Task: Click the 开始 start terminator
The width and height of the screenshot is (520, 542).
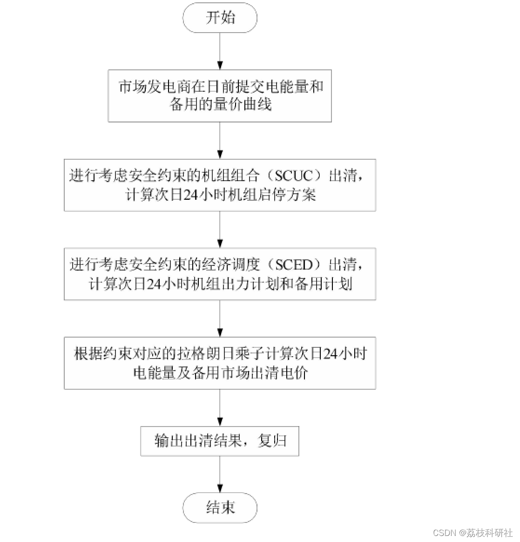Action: click(x=220, y=18)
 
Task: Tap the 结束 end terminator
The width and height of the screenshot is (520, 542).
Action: click(x=220, y=508)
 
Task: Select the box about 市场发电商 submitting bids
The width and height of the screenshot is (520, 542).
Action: click(x=220, y=96)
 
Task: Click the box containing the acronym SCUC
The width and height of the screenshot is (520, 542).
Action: click(x=220, y=185)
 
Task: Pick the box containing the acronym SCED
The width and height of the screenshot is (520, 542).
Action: click(x=220, y=274)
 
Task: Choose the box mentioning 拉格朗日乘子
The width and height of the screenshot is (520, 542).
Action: click(x=220, y=363)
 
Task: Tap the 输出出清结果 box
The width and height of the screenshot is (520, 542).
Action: click(x=220, y=441)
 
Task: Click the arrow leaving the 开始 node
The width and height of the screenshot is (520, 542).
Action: click(x=220, y=51)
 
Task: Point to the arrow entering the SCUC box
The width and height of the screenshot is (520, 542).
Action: click(x=220, y=140)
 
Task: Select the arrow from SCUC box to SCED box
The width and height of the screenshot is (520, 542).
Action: click(x=220, y=230)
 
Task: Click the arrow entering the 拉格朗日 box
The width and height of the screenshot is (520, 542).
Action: click(x=220, y=318)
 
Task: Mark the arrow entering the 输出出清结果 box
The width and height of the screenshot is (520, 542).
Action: click(x=220, y=407)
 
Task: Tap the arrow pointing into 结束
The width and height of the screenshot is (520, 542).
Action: click(x=220, y=474)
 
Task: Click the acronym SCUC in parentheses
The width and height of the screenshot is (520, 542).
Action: click(x=293, y=176)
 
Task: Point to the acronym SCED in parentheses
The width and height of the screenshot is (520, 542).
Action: click(x=294, y=265)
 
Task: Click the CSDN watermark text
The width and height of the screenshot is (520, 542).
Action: click(x=473, y=533)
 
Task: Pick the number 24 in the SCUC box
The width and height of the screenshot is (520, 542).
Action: click(x=191, y=195)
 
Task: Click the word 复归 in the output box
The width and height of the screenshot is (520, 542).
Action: click(x=272, y=441)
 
